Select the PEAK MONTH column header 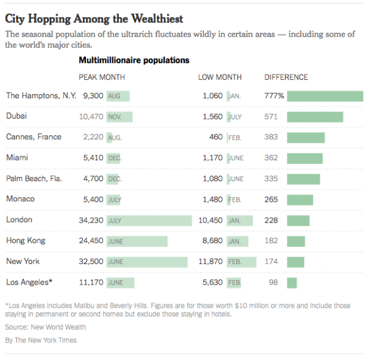pyautogui.click(x=102, y=77)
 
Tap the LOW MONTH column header pyautogui.click(x=220, y=77)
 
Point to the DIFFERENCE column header pyautogui.click(x=286, y=77)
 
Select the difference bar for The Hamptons pyautogui.click(x=325, y=96)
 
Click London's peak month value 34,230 pyautogui.click(x=90, y=220)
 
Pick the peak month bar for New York pyautogui.click(x=147, y=262)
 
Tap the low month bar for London pyautogui.click(x=240, y=220)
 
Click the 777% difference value pyautogui.click(x=275, y=96)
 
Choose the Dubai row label pyautogui.click(x=17, y=116)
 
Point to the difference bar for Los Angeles pyautogui.click(x=292, y=283)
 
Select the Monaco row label pyautogui.click(x=20, y=199)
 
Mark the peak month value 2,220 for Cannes pyautogui.click(x=93, y=137)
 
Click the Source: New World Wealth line pyautogui.click(x=46, y=327)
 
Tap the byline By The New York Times pyautogui.click(x=41, y=340)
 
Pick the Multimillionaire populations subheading pyautogui.click(x=134, y=61)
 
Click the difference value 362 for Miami pyautogui.click(x=271, y=158)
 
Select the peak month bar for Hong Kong pyautogui.click(x=137, y=241)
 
